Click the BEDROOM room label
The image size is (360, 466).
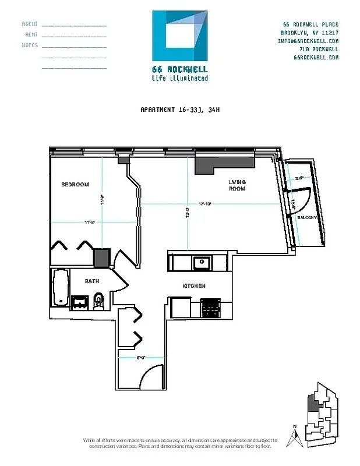(x=75, y=185)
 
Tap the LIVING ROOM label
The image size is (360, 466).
(x=237, y=185)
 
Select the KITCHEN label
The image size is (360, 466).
(x=194, y=285)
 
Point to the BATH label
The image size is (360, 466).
(x=92, y=281)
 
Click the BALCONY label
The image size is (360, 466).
(x=307, y=217)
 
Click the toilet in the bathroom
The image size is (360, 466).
(x=98, y=300)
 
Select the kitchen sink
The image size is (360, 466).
(x=202, y=262)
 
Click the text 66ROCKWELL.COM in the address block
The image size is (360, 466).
(x=316, y=58)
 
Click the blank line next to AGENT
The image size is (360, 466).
(x=74, y=25)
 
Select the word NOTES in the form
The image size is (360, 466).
(x=30, y=45)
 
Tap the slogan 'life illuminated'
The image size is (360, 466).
(x=179, y=78)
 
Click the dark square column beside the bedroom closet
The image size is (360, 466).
(x=102, y=257)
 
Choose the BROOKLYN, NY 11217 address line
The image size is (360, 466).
(x=309, y=33)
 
